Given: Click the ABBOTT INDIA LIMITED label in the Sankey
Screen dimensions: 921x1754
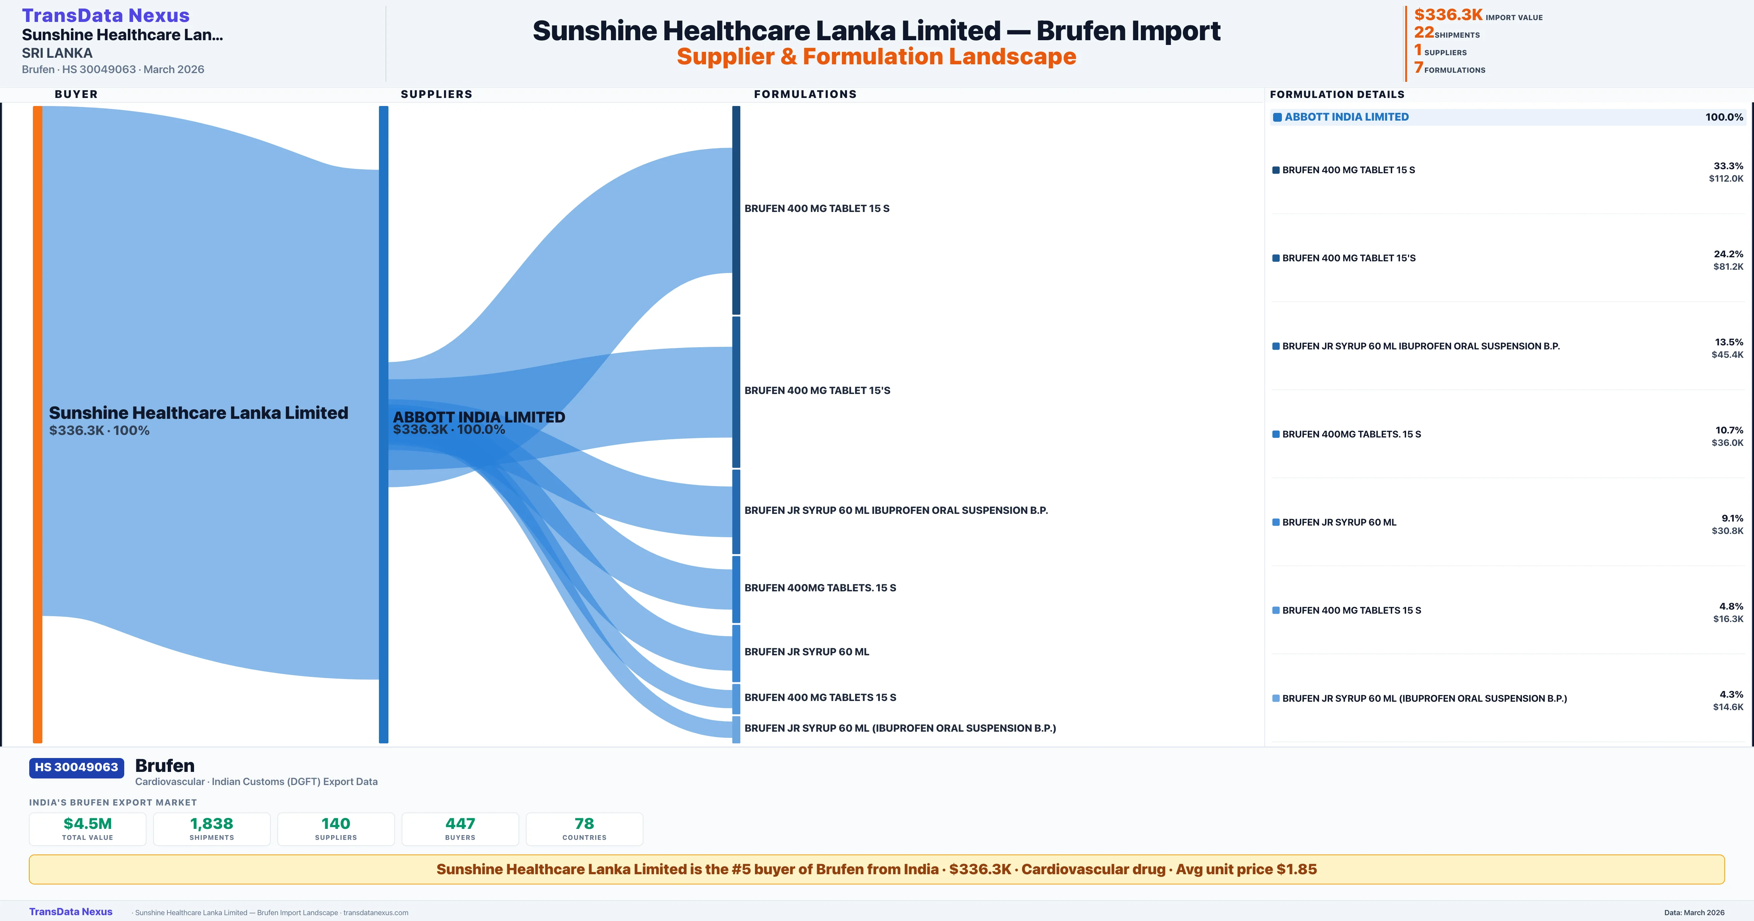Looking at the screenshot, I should pos(479,417).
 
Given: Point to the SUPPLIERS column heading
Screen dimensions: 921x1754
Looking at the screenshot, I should pos(436,94).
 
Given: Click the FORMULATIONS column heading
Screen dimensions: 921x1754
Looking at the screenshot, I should pos(805,94).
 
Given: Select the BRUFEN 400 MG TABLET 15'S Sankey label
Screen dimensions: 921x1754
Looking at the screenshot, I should pos(817,390).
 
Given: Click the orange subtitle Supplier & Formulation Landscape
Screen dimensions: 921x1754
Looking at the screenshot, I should pos(876,57).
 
